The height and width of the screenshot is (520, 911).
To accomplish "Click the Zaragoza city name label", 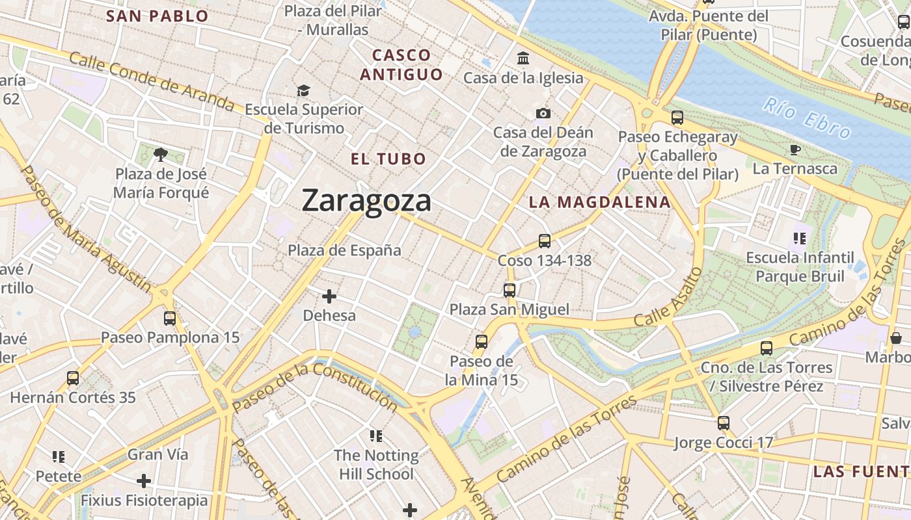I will click(x=366, y=201).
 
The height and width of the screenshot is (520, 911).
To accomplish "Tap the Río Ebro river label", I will click(x=807, y=118).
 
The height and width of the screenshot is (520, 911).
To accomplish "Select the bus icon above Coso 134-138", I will click(x=545, y=241).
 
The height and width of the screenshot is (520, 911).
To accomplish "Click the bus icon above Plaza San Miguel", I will click(x=510, y=290).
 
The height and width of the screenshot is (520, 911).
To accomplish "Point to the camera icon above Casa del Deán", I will click(x=543, y=114).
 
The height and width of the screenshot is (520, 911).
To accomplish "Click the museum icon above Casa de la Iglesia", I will click(x=523, y=58).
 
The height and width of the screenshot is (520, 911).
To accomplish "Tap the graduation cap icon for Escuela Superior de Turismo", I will click(x=303, y=90).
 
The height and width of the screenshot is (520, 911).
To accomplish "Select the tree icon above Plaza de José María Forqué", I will click(x=161, y=154).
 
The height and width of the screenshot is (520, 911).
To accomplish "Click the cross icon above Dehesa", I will click(x=329, y=296).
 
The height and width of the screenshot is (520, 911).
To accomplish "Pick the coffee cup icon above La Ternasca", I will click(x=795, y=149).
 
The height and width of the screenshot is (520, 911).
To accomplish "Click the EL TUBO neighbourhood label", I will click(x=388, y=159).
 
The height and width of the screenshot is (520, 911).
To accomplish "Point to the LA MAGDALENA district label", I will click(x=599, y=202).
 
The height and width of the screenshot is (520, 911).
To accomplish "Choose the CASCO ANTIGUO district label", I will click(x=401, y=64).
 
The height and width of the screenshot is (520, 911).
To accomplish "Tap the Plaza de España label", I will click(x=344, y=250).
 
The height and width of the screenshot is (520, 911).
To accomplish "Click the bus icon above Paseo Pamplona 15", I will click(x=170, y=318).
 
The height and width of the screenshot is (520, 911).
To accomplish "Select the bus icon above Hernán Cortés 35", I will click(x=73, y=378).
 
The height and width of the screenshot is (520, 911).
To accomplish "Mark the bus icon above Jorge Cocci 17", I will click(x=724, y=423).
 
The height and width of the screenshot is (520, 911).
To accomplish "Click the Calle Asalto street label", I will click(x=668, y=298).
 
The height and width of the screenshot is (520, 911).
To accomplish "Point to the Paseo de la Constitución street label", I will click(x=315, y=387).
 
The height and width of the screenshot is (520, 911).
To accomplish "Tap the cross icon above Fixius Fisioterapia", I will click(x=144, y=481).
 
